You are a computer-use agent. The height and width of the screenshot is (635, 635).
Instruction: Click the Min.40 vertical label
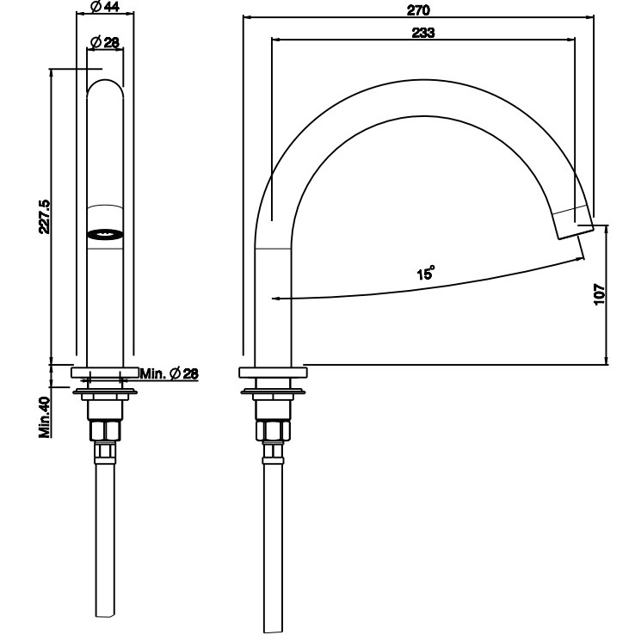pyautogui.click(x=44, y=416)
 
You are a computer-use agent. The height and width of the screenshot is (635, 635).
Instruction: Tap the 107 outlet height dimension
pyautogui.click(x=600, y=293)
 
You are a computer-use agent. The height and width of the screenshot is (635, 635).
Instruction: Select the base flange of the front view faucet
pyautogui.click(x=104, y=373)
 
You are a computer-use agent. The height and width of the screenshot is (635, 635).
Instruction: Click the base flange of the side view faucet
pyautogui.click(x=273, y=373)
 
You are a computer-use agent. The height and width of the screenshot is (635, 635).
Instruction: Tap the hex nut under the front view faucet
pyautogui.click(x=104, y=430)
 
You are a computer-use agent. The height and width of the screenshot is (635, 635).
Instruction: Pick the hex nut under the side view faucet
pyautogui.click(x=273, y=430)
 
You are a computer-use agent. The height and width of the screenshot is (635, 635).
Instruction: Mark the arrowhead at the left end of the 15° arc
pyautogui.click(x=274, y=299)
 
